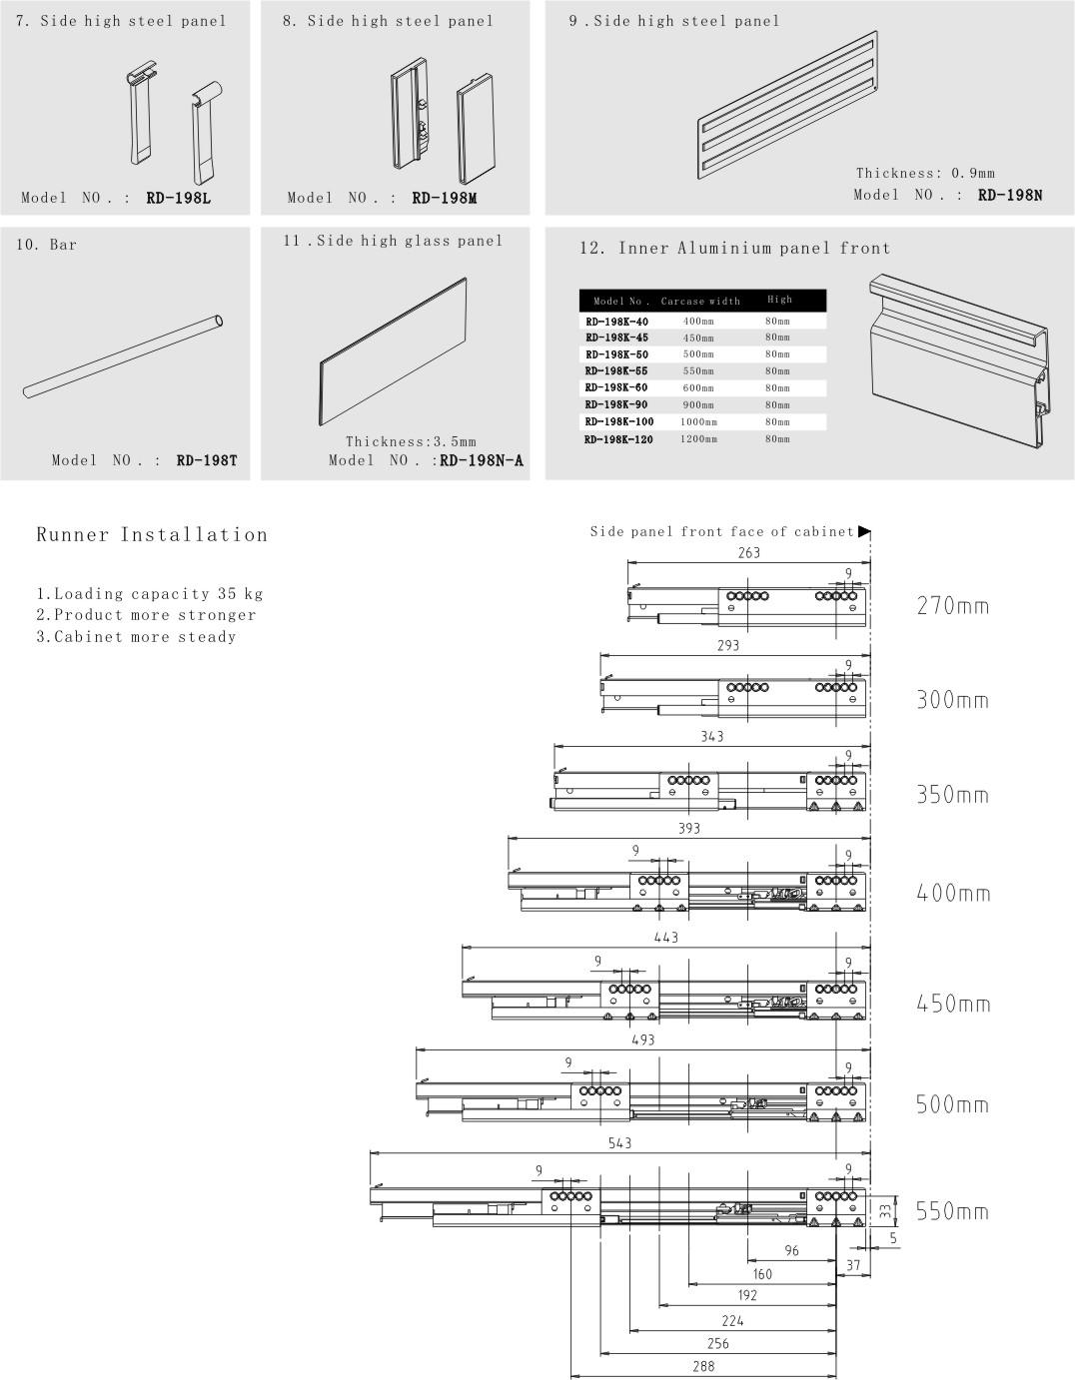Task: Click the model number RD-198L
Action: tap(178, 198)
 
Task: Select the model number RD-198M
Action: tap(444, 198)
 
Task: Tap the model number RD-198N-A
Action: tap(482, 460)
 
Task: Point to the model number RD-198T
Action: tap(206, 460)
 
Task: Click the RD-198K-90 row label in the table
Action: tap(615, 404)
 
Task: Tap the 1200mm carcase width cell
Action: tap(698, 438)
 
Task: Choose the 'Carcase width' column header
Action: tap(700, 301)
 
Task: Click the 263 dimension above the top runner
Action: tap(748, 552)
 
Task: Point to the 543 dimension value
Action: tap(619, 1142)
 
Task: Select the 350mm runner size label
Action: tap(953, 796)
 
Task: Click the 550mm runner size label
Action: tap(953, 1211)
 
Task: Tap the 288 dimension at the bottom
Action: tap(703, 1366)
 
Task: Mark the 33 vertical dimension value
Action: tap(885, 1210)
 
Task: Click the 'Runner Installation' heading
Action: tap(152, 534)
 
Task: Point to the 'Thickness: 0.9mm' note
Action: tap(925, 173)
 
